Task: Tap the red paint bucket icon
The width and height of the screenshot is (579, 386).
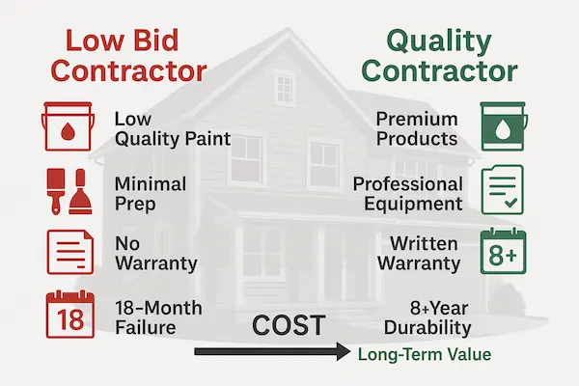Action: pos(64,128)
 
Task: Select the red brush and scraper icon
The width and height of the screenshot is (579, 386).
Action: pos(64,190)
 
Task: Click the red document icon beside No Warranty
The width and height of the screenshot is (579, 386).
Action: pos(64,253)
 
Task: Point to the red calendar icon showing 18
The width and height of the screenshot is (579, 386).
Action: pos(64,317)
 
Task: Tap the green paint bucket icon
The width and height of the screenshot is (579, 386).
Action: pos(505,128)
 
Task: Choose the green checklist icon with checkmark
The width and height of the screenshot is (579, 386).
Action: pos(505,190)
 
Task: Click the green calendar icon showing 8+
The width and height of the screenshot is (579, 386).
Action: pos(505,253)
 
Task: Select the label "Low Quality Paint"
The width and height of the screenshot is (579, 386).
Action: pos(172,128)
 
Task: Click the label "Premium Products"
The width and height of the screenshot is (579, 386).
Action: pos(417,128)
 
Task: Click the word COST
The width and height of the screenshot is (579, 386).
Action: pos(287,326)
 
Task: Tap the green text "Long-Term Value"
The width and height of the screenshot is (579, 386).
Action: pos(424,355)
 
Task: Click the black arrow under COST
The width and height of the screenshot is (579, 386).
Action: pos(271,354)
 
